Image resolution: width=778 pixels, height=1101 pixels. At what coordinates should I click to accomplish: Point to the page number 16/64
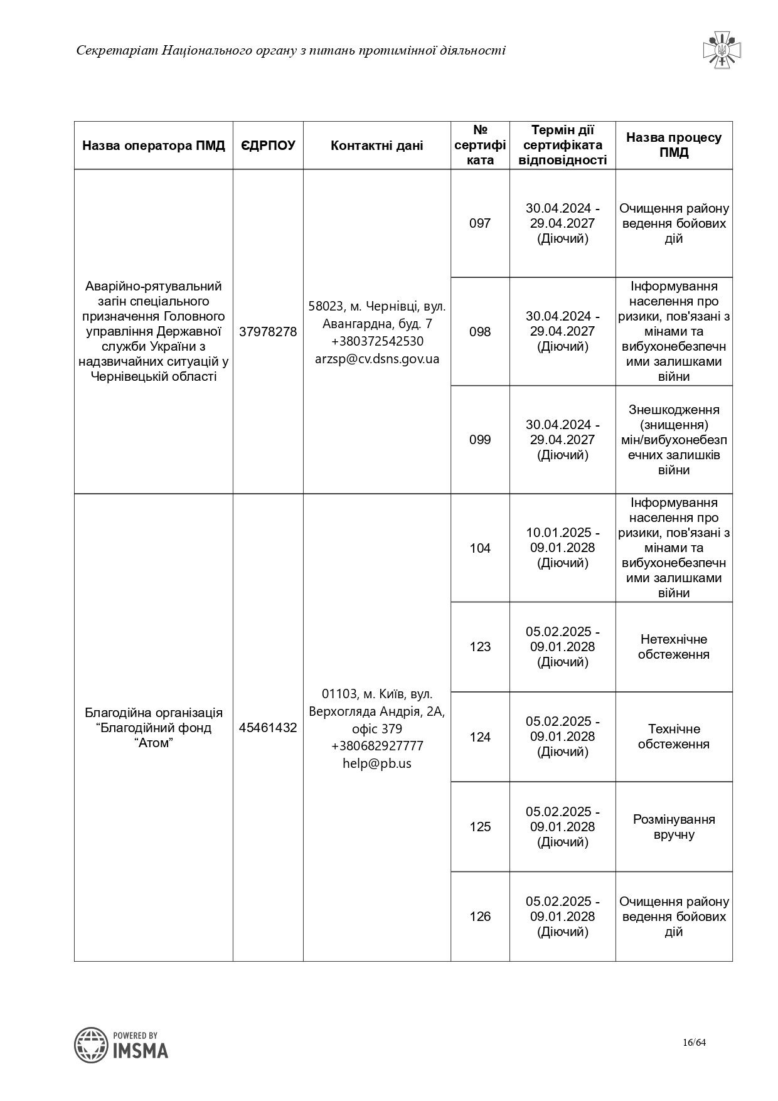point(695,1043)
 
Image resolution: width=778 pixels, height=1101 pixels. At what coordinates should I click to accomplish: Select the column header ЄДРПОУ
point(268,146)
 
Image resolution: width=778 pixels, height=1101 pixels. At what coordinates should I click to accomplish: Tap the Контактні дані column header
point(376,146)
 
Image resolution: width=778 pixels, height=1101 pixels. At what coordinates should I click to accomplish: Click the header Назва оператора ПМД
point(154,146)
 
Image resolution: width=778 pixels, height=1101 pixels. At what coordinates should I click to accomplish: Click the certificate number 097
point(480,223)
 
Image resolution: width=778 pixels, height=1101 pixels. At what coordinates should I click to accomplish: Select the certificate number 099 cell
point(480,440)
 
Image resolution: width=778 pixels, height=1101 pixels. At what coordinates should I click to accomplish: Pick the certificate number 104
point(480,548)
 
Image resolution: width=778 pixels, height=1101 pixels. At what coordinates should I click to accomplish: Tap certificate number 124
point(480,737)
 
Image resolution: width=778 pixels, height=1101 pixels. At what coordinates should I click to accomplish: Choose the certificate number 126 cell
point(480,917)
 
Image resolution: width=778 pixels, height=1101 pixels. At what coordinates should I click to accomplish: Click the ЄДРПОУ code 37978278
point(268,332)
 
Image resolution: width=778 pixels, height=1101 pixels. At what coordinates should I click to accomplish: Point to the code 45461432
point(268,728)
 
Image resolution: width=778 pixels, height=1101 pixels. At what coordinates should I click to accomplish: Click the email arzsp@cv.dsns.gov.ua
point(377,359)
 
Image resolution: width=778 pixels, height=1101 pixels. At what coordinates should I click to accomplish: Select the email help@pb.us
point(377,763)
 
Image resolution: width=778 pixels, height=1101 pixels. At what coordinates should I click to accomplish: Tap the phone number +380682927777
point(377,746)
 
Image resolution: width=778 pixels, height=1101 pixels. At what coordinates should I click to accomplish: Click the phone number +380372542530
point(377,341)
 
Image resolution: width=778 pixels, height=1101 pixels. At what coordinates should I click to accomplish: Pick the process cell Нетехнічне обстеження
point(674,647)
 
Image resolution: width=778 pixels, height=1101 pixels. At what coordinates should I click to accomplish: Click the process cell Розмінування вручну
point(674,827)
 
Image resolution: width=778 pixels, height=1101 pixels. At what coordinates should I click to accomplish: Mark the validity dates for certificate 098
point(563,331)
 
